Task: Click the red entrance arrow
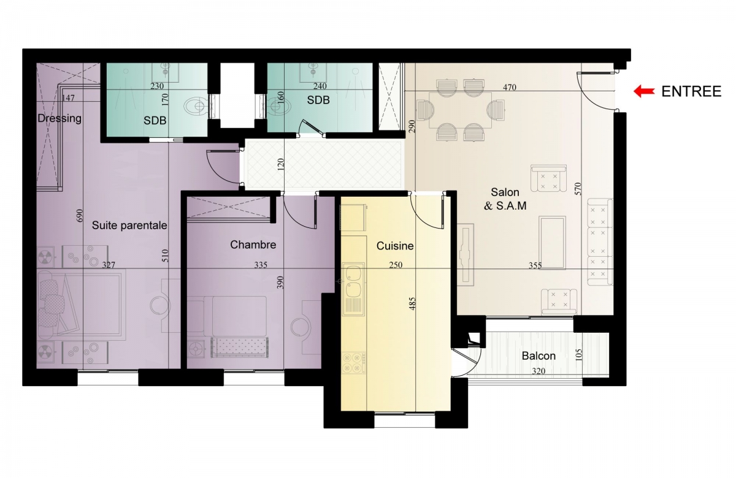pos(643,91)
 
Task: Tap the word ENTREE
pos(691,91)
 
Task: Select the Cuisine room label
pos(395,246)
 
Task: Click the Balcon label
pos(539,356)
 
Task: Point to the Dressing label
pos(59,118)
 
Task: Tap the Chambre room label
pos(253,245)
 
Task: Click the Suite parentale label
pos(129,226)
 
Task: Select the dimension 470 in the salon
pos(510,87)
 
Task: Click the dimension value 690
pos(80,216)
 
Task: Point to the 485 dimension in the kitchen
pos(412,304)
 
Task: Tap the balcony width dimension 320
pos(539,371)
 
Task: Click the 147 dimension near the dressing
pos(68,98)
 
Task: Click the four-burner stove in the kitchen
pos(353,363)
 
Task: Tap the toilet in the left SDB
pos(195,106)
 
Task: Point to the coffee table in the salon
pos(553,242)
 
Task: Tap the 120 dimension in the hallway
pos(280,165)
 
